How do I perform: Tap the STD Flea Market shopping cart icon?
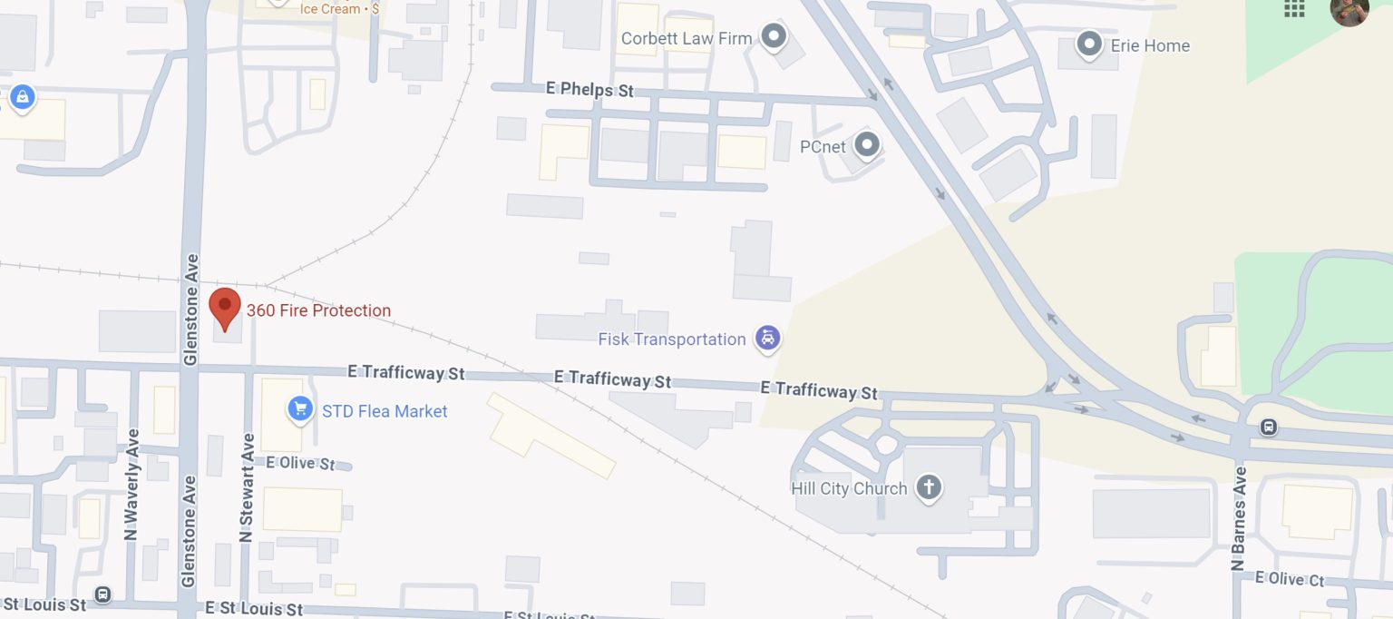click(x=300, y=409)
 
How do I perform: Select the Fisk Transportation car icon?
click(x=768, y=339)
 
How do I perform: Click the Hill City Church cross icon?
click(x=928, y=487)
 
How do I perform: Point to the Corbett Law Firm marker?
click(x=774, y=37)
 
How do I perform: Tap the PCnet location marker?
click(x=868, y=144)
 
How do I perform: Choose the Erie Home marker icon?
click(x=1088, y=44)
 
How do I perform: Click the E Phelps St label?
click(x=589, y=89)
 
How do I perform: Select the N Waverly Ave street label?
click(x=132, y=484)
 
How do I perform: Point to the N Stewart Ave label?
click(x=247, y=487)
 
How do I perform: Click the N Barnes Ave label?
click(x=1239, y=518)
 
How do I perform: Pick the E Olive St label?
click(x=300, y=463)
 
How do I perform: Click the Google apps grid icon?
click(x=1294, y=8)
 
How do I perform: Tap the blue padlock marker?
click(x=22, y=96)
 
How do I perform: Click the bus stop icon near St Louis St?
click(x=102, y=594)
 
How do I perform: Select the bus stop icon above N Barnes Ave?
click(x=1268, y=426)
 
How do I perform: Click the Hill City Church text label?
click(x=849, y=488)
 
